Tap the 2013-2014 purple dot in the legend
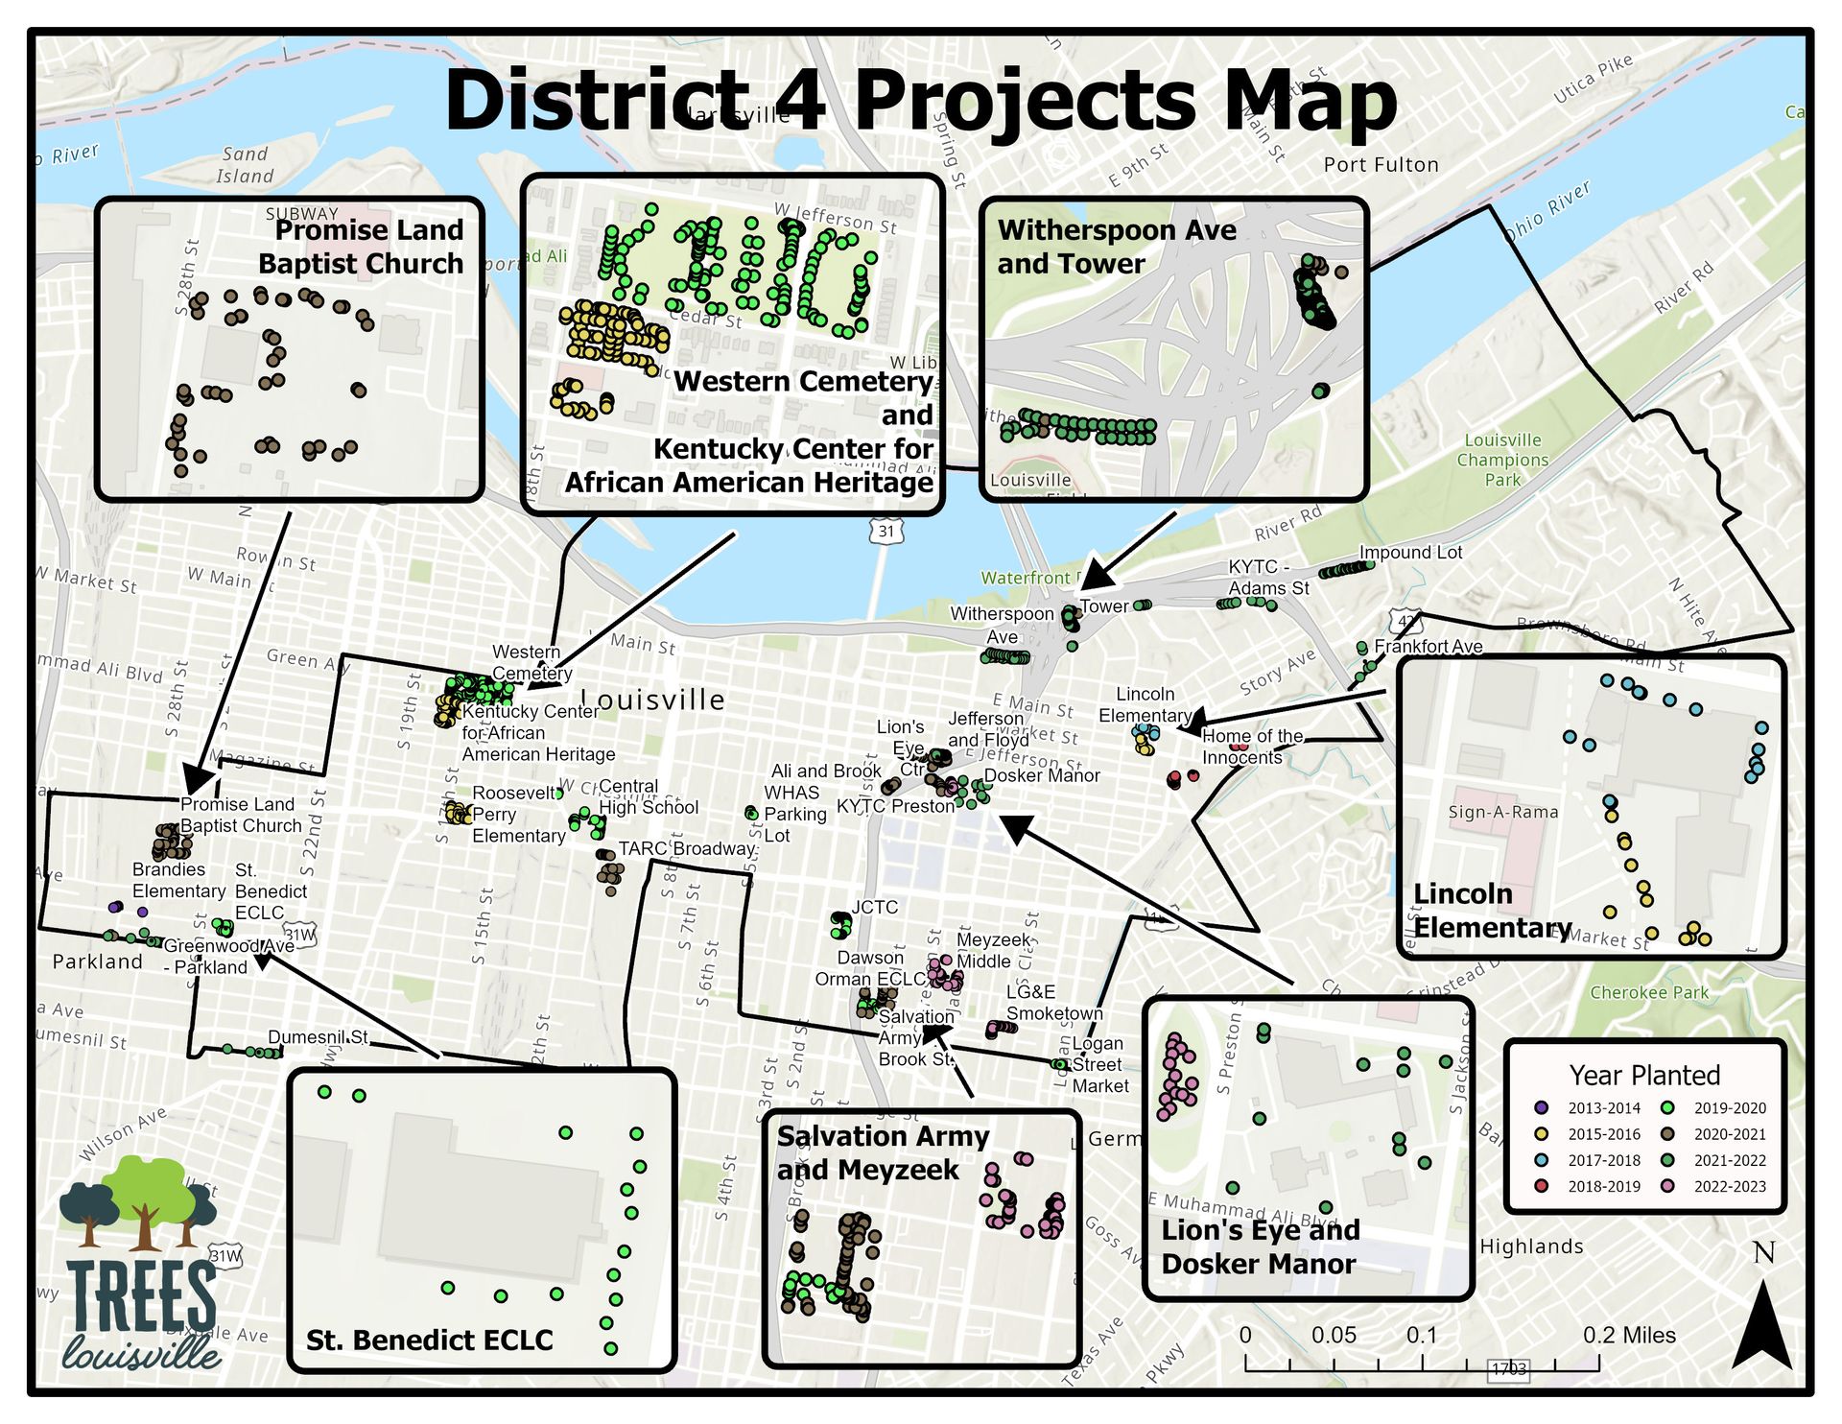pos(1542,1108)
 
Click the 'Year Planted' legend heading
pos(1643,1075)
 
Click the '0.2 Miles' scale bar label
pos(1628,1335)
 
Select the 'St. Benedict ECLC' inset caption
pos(429,1341)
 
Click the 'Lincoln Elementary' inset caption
pos(1492,911)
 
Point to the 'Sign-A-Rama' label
pos(1502,812)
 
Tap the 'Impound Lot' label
pos(1410,553)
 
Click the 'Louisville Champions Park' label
pos(1502,460)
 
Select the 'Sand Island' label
pos(245,165)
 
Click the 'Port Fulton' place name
pos(1381,165)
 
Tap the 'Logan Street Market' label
pos(1099,1065)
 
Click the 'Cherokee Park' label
pos(1649,992)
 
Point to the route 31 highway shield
pos(886,531)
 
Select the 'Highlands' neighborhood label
pos(1531,1246)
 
